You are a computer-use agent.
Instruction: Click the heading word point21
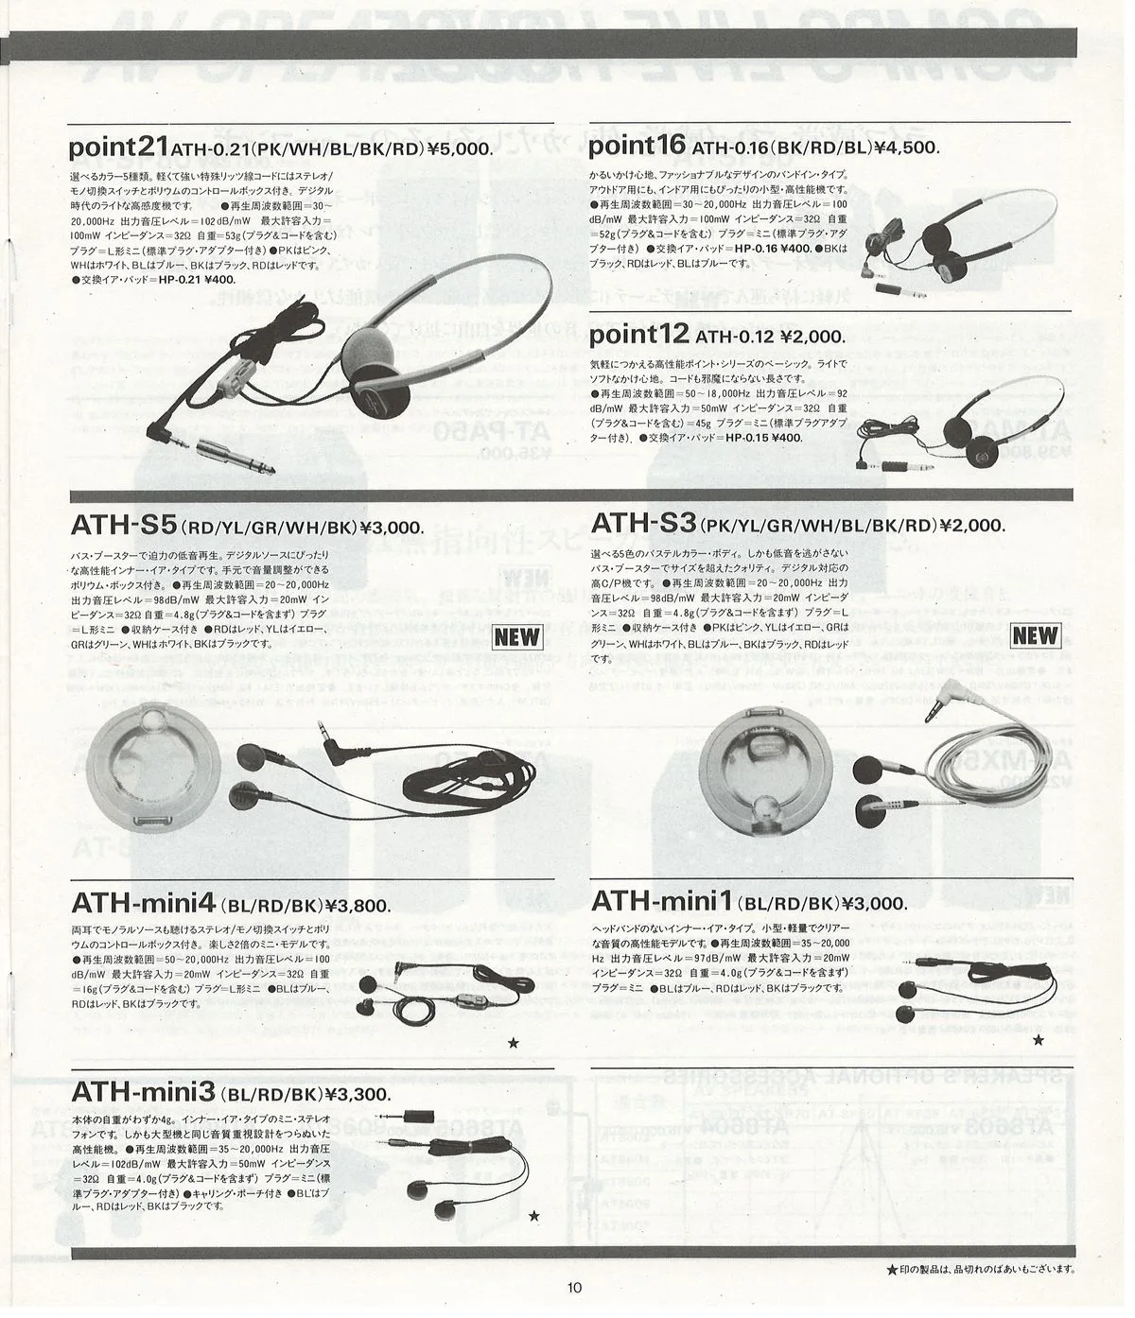tap(118, 147)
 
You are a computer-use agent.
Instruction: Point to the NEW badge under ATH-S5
tap(517, 636)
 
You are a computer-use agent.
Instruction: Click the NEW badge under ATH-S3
tap(1034, 635)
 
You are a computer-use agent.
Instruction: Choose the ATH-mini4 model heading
tap(145, 905)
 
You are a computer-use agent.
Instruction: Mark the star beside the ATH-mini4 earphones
tap(514, 1043)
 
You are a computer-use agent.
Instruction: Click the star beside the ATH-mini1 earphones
tap(1039, 1040)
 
